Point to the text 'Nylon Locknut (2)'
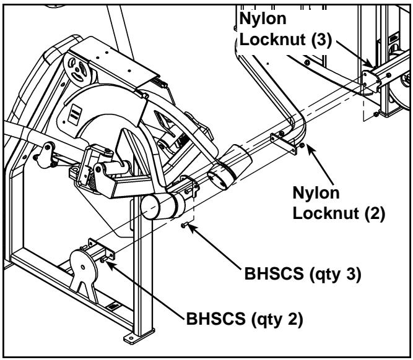click(x=339, y=204)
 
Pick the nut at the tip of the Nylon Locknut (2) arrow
click(x=302, y=146)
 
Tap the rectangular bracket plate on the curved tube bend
click(x=282, y=142)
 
